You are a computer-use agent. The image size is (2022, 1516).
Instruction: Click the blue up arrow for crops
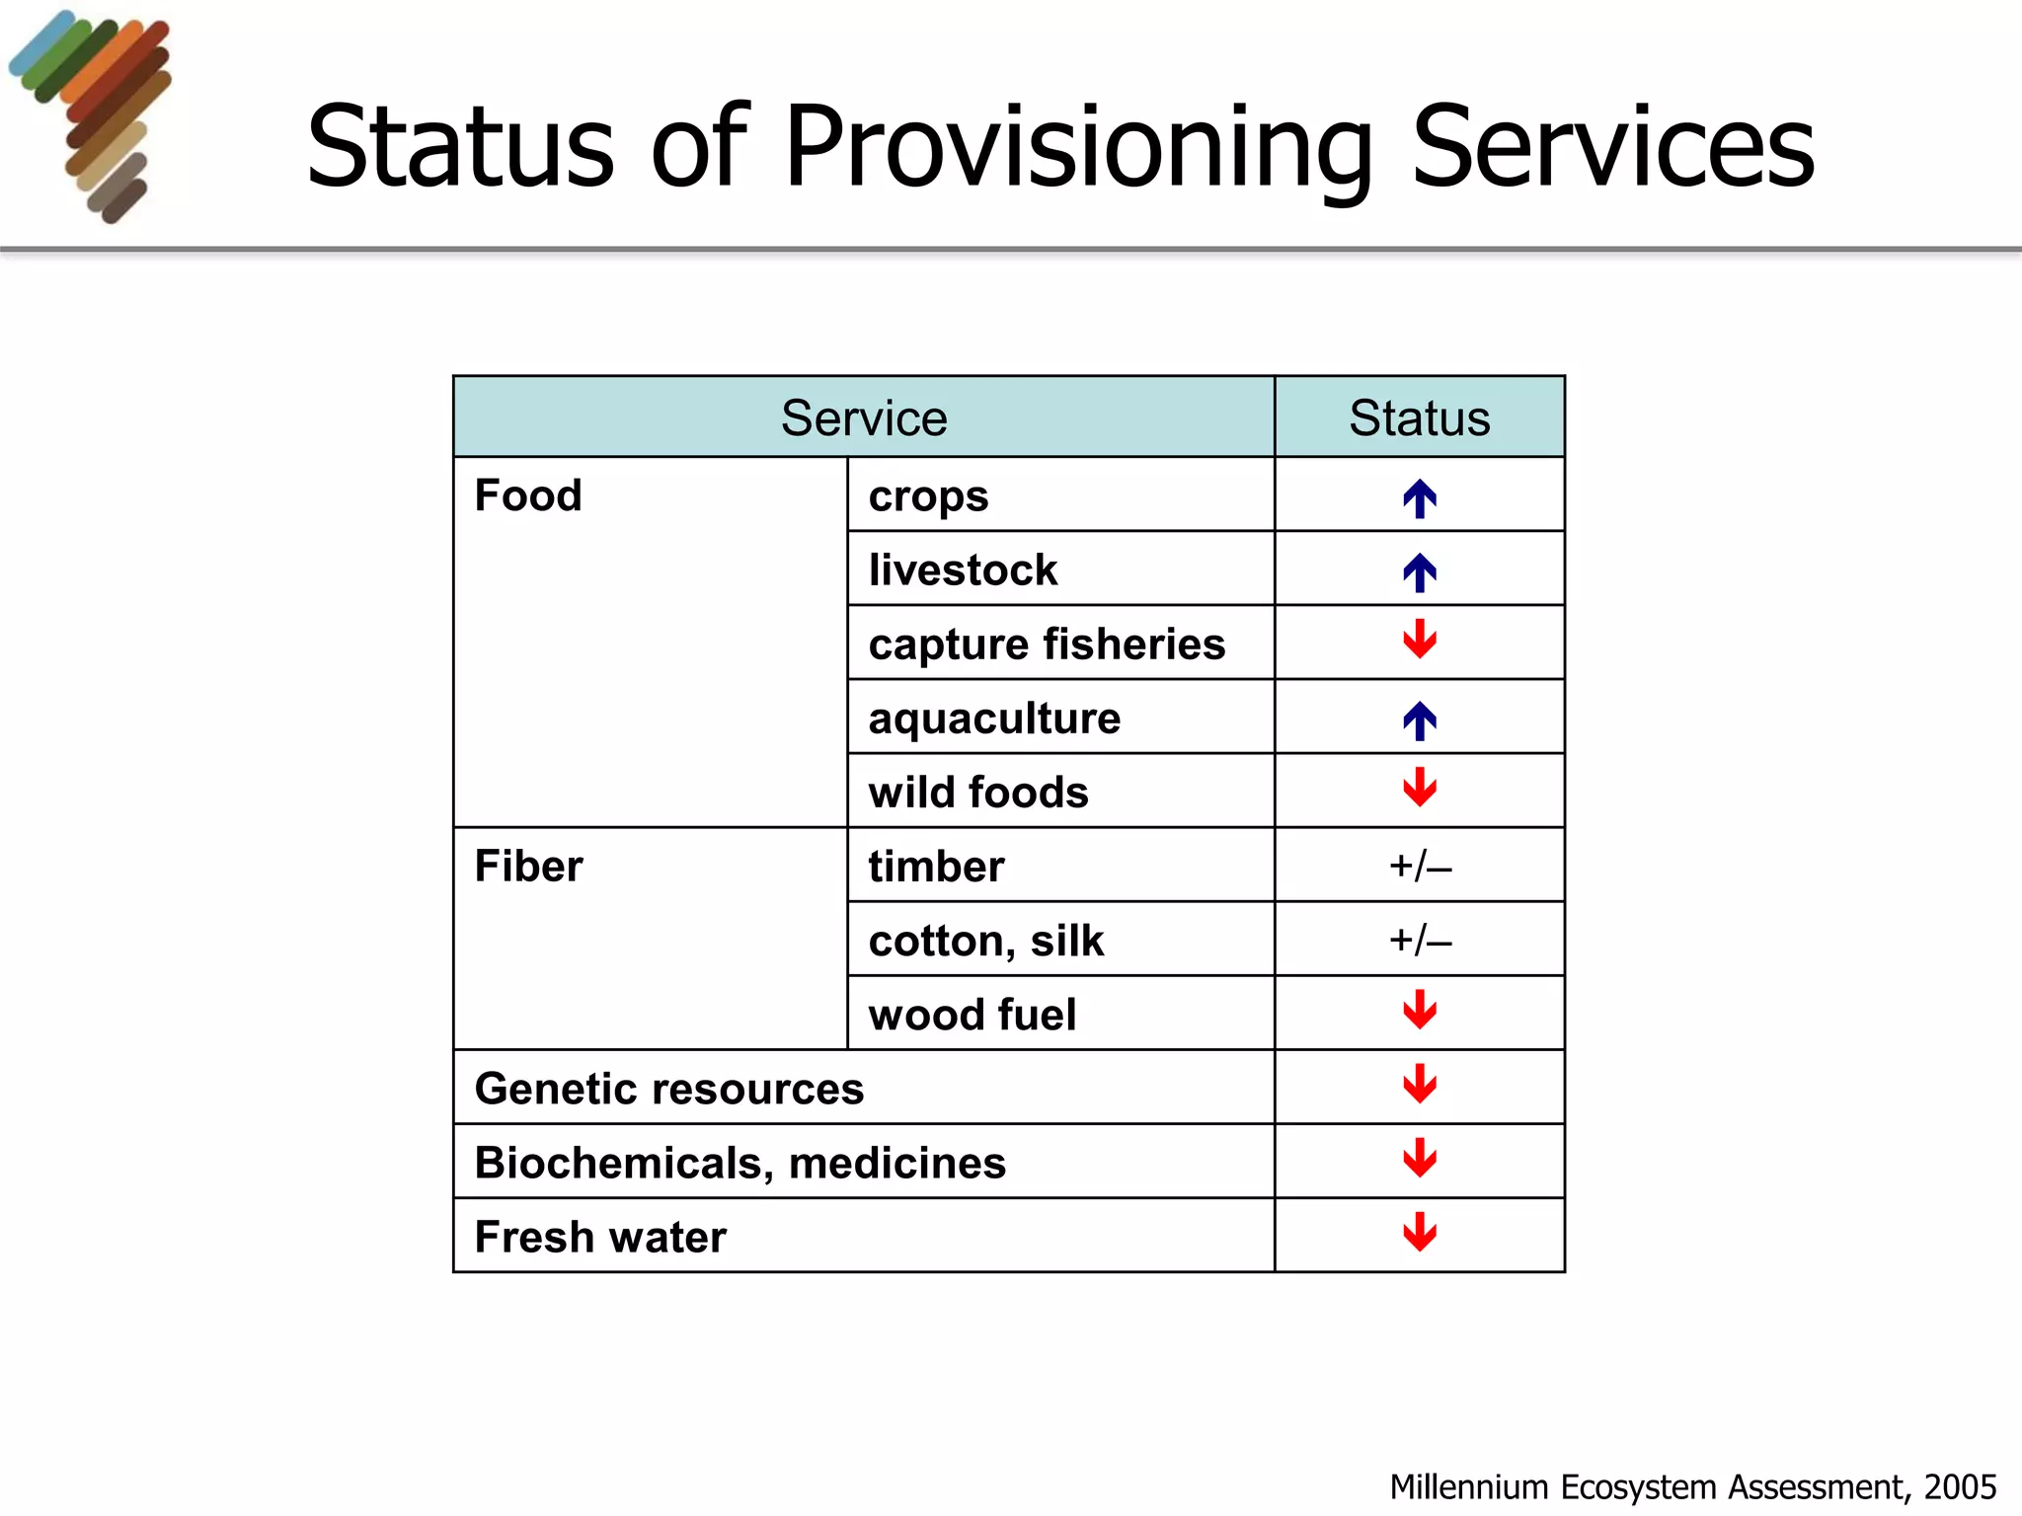1420,498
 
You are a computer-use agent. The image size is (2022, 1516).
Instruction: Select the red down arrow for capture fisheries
1420,640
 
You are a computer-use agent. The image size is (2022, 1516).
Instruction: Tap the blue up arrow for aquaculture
1420,720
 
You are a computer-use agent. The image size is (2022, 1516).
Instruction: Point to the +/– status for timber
1420,867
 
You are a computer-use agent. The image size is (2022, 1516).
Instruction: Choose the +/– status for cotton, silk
1420,941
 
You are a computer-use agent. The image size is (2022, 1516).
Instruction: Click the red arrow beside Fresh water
1420,1232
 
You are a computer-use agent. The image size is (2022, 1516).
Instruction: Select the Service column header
864,417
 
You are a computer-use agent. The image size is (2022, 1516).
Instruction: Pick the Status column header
1420,417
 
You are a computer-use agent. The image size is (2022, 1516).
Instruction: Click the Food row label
528,495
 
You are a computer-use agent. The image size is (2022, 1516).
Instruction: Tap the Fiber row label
528,867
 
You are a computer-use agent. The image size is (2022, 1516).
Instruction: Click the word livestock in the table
963,570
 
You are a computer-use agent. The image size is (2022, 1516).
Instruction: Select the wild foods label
978,793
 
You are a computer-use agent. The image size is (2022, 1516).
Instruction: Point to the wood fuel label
972,1015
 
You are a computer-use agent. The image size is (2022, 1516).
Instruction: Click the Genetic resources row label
669,1089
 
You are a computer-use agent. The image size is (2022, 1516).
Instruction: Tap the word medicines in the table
896,1163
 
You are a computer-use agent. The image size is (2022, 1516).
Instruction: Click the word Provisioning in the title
1079,148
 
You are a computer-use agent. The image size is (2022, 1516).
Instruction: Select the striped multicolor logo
94,114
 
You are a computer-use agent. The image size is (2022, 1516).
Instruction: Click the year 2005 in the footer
1960,1486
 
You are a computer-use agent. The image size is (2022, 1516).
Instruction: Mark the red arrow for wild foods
1420,788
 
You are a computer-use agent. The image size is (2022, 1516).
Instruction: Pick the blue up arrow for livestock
1420,572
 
